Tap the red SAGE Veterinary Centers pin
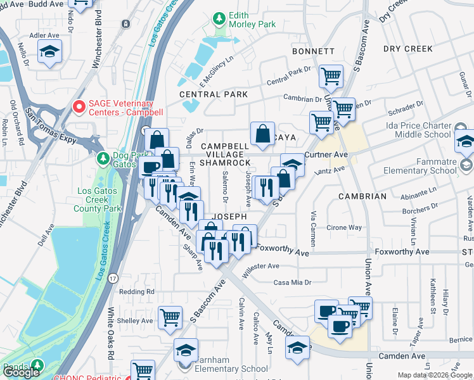[x=79, y=107]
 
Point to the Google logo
[x=22, y=373]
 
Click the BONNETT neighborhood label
[x=313, y=51]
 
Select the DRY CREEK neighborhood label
[x=408, y=48]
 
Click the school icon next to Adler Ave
[x=48, y=53]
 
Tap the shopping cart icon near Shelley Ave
[x=170, y=317]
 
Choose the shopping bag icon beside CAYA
[x=262, y=133]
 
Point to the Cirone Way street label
[x=343, y=227]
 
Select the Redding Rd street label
[x=137, y=291]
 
